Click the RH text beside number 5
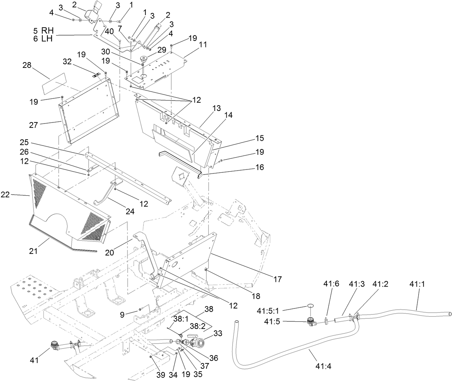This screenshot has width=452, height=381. point(47,31)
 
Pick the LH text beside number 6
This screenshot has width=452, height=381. point(47,39)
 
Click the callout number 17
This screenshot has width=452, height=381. point(277,278)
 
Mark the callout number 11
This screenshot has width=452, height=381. point(203,45)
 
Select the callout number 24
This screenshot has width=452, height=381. point(130,212)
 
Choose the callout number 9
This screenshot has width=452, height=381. point(123,314)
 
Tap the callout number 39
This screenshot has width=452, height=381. point(161,375)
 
